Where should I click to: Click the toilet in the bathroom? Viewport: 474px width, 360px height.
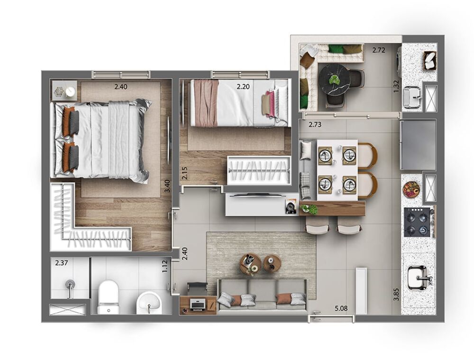pyautogui.click(x=108, y=297)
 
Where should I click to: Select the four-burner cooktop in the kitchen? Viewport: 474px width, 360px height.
pyautogui.click(x=417, y=222)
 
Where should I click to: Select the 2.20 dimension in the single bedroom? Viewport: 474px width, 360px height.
pyautogui.click(x=243, y=87)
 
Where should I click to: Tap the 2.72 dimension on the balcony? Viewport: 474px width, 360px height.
pyautogui.click(x=378, y=49)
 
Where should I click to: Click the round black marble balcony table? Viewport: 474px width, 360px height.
pyautogui.click(x=334, y=80)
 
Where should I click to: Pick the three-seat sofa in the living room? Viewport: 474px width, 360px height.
pyautogui.click(x=262, y=295)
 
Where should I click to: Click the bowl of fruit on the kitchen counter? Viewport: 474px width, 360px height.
pyautogui.click(x=411, y=189)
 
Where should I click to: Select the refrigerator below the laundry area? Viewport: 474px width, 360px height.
pyautogui.click(x=418, y=144)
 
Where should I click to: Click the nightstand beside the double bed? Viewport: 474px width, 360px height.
pyautogui.click(x=64, y=91)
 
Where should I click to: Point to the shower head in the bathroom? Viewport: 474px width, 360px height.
pyautogui.click(x=70, y=286)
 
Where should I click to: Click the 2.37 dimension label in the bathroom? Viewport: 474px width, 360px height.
pyautogui.click(x=61, y=263)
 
